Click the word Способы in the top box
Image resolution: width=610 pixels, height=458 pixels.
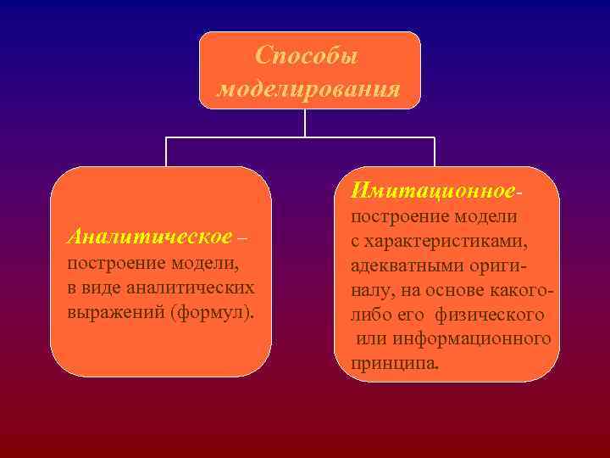pos(308,57)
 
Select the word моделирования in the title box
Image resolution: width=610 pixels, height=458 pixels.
pos(308,88)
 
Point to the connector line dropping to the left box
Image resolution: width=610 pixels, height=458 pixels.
pos(166,152)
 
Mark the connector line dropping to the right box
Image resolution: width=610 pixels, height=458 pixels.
pos(435,152)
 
